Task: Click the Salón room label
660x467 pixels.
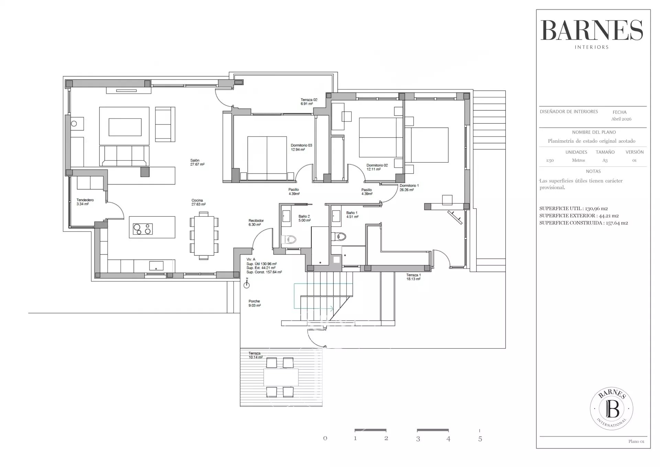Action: coord(195,160)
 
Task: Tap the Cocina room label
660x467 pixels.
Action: coord(197,200)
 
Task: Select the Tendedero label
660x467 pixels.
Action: coord(85,200)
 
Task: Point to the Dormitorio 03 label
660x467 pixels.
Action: coord(301,145)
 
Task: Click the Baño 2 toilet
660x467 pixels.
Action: coord(288,239)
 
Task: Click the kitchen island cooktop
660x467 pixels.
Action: coord(143,229)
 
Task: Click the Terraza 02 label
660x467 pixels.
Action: coord(309,100)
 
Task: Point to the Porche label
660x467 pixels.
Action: coord(254,301)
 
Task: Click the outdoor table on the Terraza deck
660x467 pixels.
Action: coord(281,377)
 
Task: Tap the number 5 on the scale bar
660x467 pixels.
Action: coord(480,439)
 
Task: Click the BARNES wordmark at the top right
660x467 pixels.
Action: coord(592,30)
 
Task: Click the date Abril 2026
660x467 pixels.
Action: coord(621,119)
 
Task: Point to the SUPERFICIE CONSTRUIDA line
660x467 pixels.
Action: coord(583,223)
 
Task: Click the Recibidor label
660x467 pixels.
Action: coord(256,220)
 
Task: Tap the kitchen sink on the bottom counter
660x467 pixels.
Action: coord(156,265)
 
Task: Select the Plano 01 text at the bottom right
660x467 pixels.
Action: coord(636,442)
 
